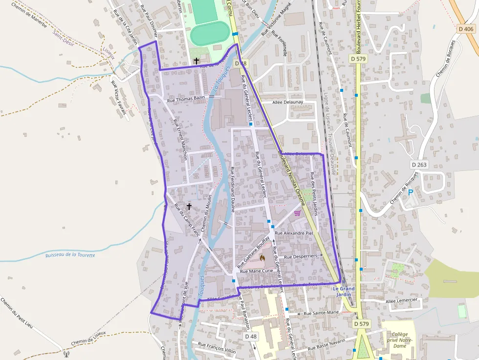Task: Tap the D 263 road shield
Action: click(419, 165)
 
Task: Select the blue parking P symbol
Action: click(411, 192)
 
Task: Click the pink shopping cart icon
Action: click(297, 212)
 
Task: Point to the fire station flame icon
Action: click(262, 257)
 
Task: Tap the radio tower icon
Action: click(66, 353)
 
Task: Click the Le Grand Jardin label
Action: click(344, 292)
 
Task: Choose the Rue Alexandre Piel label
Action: click(294, 233)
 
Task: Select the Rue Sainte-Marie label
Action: click(321, 313)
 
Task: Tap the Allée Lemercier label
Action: click(401, 300)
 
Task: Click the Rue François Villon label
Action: click(217, 347)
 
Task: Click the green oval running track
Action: click(210, 35)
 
